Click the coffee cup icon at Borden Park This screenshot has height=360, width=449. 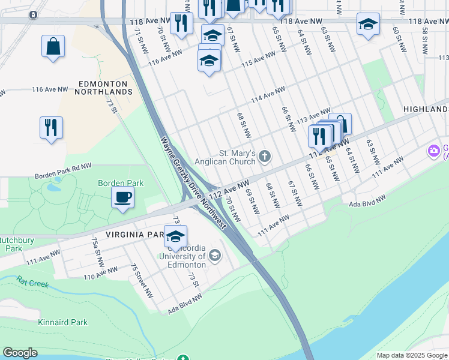pos(123,197)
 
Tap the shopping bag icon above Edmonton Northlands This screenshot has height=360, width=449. pos(53,46)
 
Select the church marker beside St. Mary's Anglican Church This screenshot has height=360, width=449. pos(265,157)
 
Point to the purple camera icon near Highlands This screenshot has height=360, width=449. pos(433,150)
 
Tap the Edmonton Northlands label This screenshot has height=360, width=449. pos(103,88)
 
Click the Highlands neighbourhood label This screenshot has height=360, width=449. pos(426,109)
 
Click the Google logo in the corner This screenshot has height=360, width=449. pos(20,353)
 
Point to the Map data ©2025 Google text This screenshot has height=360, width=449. pos(411,355)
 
